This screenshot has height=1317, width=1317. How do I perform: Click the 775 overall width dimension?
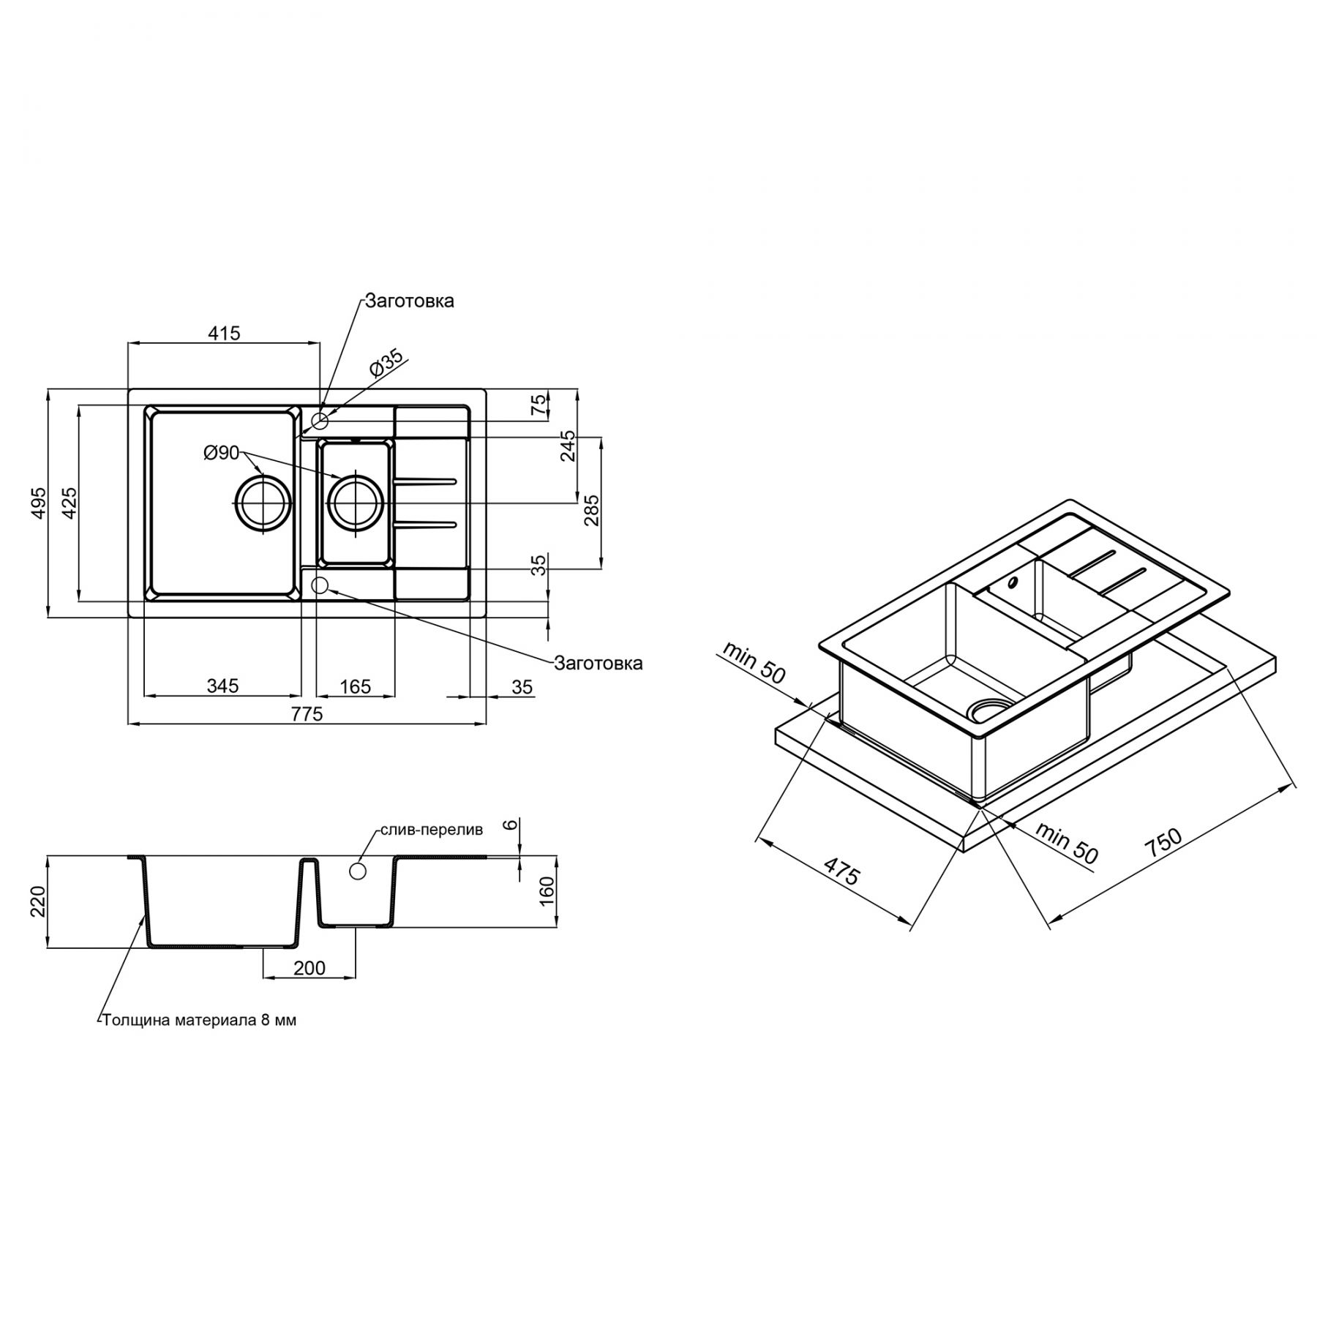[307, 714]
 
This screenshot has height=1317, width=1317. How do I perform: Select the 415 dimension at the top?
[224, 334]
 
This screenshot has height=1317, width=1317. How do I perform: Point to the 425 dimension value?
[70, 503]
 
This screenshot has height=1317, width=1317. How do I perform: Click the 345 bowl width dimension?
[222, 686]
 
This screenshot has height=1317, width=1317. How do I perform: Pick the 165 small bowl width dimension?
[356, 687]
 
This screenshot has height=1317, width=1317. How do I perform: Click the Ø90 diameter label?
[222, 454]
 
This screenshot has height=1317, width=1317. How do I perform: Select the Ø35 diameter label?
[386, 364]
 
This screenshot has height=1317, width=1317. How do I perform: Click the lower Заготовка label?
[599, 664]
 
